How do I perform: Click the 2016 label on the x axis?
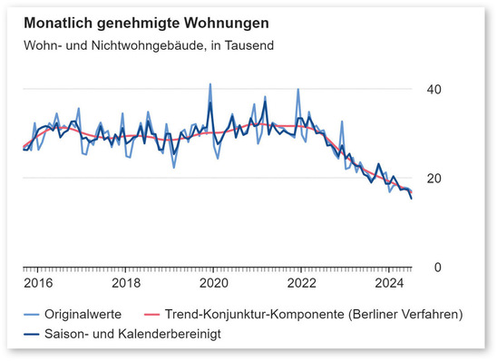pyautogui.click(x=37, y=283)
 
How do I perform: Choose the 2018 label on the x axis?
pyautogui.click(x=125, y=283)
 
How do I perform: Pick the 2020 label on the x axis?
pyautogui.click(x=213, y=283)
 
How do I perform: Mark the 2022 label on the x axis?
pyautogui.click(x=301, y=283)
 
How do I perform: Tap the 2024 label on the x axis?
pyautogui.click(x=389, y=283)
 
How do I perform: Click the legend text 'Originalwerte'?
pyautogui.click(x=84, y=314)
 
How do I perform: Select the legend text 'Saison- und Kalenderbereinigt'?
pyautogui.click(x=134, y=333)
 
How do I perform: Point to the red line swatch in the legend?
pyautogui.click(x=151, y=315)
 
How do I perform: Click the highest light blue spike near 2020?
pyautogui.click(x=210, y=84)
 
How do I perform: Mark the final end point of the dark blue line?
pyautogui.click(x=412, y=198)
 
